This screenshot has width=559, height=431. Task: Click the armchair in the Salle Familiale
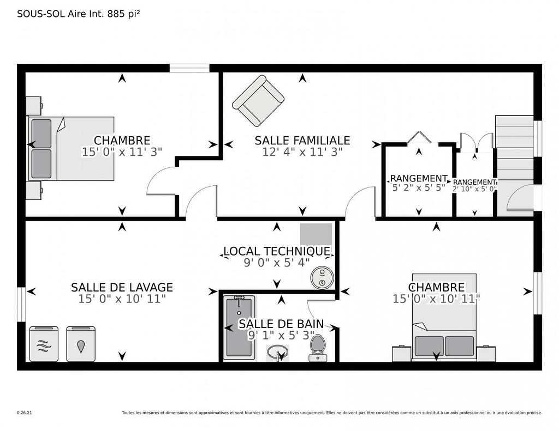click(258, 101)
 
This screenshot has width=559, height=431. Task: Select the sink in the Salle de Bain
click(278, 353)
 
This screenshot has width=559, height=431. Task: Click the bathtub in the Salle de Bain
click(239, 327)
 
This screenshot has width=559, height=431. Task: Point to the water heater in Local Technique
click(322, 277)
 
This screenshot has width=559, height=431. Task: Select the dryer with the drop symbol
click(81, 344)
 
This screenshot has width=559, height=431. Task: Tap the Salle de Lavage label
click(122, 287)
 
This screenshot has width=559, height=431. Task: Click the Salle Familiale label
click(302, 141)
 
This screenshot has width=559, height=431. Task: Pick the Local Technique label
click(276, 251)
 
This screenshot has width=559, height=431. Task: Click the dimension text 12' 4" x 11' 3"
click(302, 153)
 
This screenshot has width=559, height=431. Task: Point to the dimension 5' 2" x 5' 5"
click(419, 189)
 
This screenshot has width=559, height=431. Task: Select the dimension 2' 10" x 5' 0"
click(474, 189)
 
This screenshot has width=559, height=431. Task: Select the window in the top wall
click(189, 68)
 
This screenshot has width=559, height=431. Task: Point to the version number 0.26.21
click(25, 413)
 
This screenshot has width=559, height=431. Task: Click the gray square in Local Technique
click(316, 234)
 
